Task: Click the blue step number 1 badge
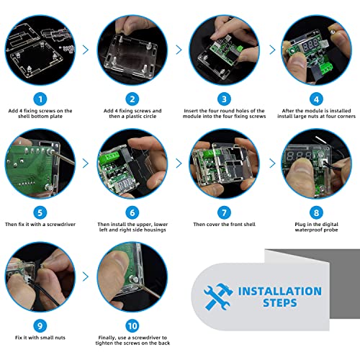pos(40,99)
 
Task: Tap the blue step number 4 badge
pos(316,99)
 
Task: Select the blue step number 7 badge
pos(224,212)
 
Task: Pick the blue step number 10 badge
pos(132,326)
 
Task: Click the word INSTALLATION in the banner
pos(280,291)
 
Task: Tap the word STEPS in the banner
pos(280,302)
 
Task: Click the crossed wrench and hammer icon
pos(218,297)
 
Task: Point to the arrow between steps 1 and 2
pos(86,50)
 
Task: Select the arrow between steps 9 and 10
pos(86,276)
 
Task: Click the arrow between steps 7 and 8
pos(272,163)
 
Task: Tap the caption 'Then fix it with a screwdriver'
pos(40,225)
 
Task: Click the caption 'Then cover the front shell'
pos(224,225)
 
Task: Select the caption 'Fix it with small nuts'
pos(40,338)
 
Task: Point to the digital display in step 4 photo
pos(310,45)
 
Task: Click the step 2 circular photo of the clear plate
pos(132,50)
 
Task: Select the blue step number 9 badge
pos(40,326)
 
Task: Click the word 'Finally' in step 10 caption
pos(107,338)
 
